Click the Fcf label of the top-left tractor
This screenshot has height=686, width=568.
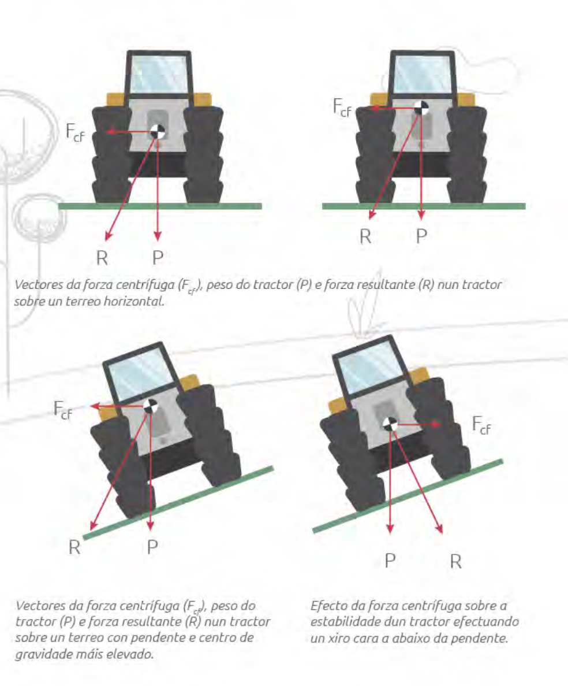coord(74,132)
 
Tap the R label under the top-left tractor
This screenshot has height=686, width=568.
coord(102,258)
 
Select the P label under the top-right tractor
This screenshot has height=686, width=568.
coord(421,236)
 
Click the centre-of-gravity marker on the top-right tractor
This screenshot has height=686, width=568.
coord(421,107)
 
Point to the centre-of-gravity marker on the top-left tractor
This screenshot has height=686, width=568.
coord(158,131)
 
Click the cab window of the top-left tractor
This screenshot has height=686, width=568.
coord(158,73)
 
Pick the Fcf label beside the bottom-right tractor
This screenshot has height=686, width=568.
coord(481,425)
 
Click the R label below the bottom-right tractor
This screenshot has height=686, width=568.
coord(455,561)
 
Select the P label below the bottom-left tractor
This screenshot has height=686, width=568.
coord(152,547)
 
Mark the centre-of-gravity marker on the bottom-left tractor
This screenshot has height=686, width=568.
coord(150,406)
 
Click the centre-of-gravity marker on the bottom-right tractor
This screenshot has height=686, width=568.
coord(390,424)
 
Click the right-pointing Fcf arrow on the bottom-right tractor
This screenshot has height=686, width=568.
coord(418,424)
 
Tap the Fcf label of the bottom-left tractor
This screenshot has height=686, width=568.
coord(62,410)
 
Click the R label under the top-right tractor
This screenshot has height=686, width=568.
coord(365,237)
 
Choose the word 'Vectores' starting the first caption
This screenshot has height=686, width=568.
coord(39,285)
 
